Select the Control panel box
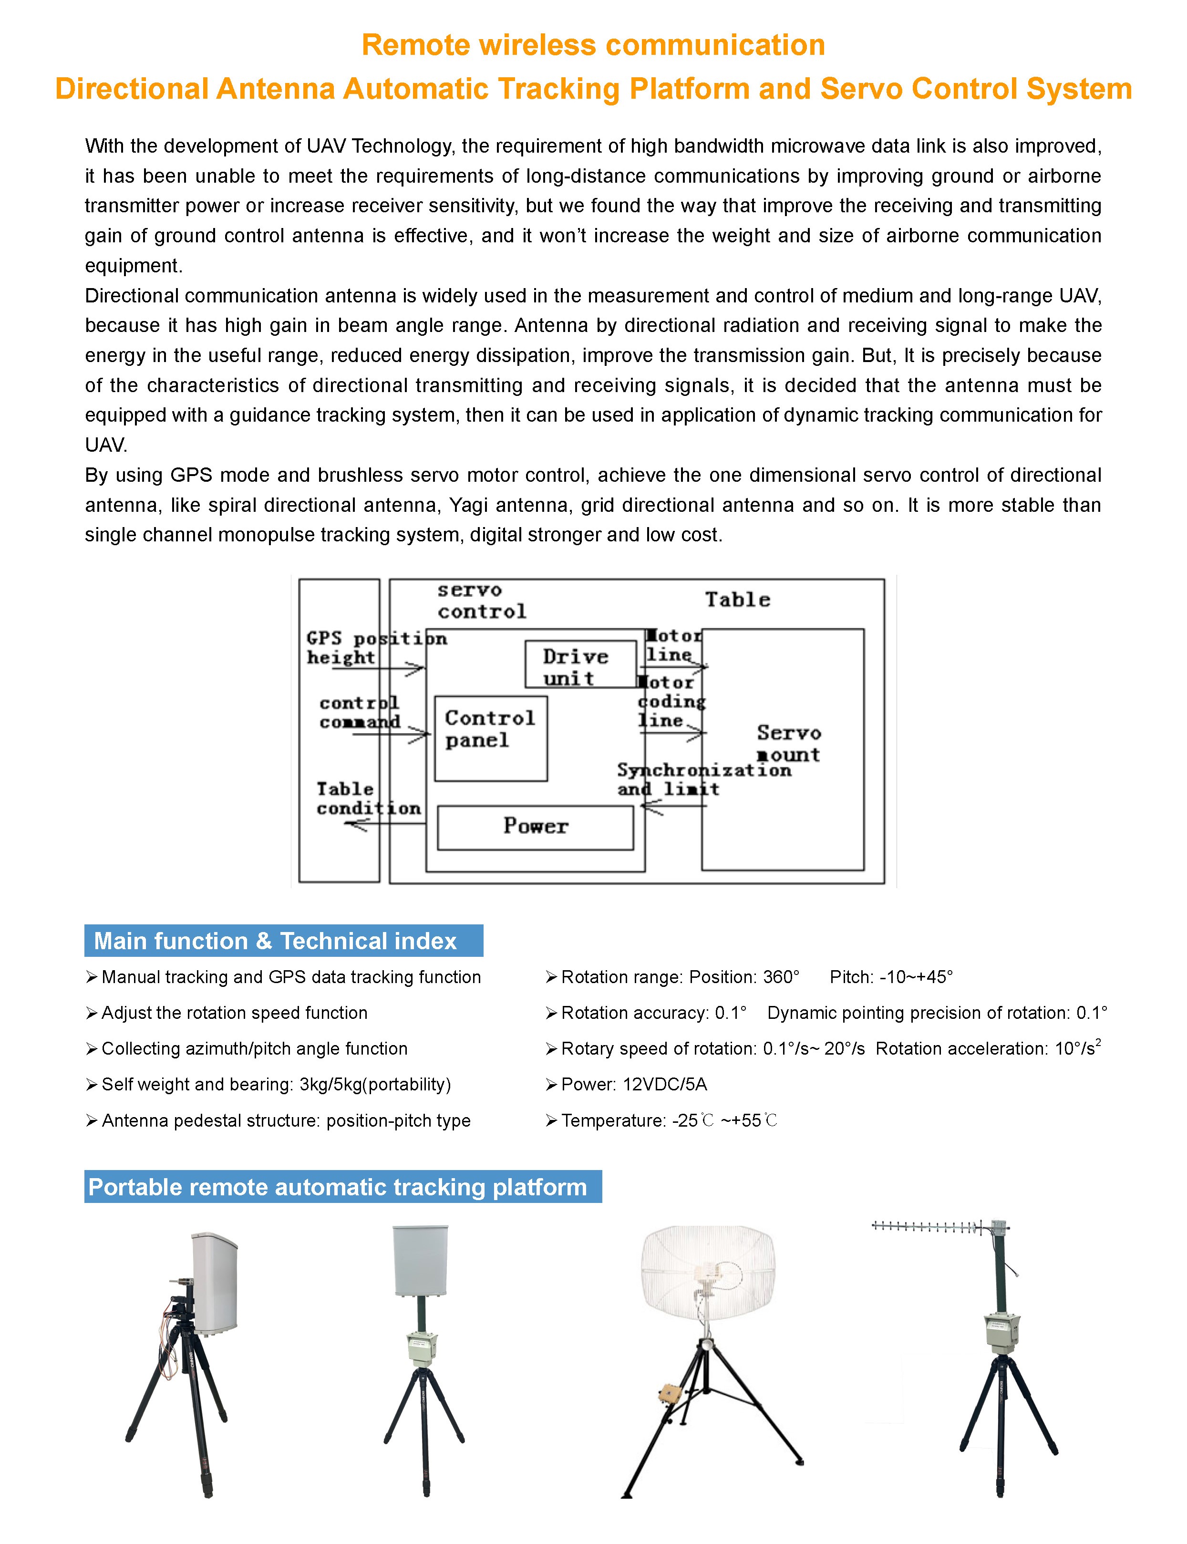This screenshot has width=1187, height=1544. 490,738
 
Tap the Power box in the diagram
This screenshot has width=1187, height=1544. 535,827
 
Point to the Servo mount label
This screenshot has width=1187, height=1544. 788,744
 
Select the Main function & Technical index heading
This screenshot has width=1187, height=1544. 283,941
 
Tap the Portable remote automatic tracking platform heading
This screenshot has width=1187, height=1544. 343,1186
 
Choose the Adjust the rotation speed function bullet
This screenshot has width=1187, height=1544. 234,1013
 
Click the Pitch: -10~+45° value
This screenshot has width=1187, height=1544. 891,976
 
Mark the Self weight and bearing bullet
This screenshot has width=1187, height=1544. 276,1084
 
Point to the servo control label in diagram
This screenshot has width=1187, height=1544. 481,601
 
